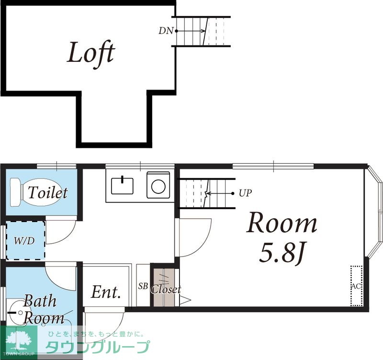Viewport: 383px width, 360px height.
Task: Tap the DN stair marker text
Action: (x=166, y=31)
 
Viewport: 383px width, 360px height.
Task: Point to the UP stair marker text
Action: (x=245, y=193)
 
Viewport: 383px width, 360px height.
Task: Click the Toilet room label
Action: (x=47, y=192)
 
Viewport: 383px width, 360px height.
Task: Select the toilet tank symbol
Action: (x=16, y=192)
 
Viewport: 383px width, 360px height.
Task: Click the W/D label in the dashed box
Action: (x=24, y=241)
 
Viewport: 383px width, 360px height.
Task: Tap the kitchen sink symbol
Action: (x=122, y=186)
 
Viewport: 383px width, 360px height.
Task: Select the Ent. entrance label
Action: (x=106, y=292)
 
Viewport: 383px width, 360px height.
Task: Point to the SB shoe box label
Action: (x=143, y=286)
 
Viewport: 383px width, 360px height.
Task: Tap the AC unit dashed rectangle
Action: (x=356, y=286)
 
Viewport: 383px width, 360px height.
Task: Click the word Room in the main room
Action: (x=282, y=223)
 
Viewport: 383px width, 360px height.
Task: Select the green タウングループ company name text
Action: (x=98, y=347)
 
